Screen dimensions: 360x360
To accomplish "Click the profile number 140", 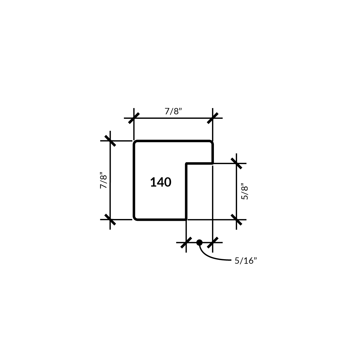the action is pos(161,182).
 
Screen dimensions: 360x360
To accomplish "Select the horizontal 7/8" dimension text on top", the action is pos(173,111).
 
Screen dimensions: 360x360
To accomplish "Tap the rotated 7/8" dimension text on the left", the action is pos(103,180).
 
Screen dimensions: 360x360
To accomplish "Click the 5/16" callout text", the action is pos(246,261).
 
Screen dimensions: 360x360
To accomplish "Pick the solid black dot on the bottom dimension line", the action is pos(199,242).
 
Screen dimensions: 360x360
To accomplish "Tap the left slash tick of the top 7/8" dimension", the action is pos(134,118).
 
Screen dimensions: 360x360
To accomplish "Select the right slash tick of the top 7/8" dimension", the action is pos(213,118).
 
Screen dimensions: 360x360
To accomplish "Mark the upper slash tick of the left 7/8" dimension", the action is pos(110,141).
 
